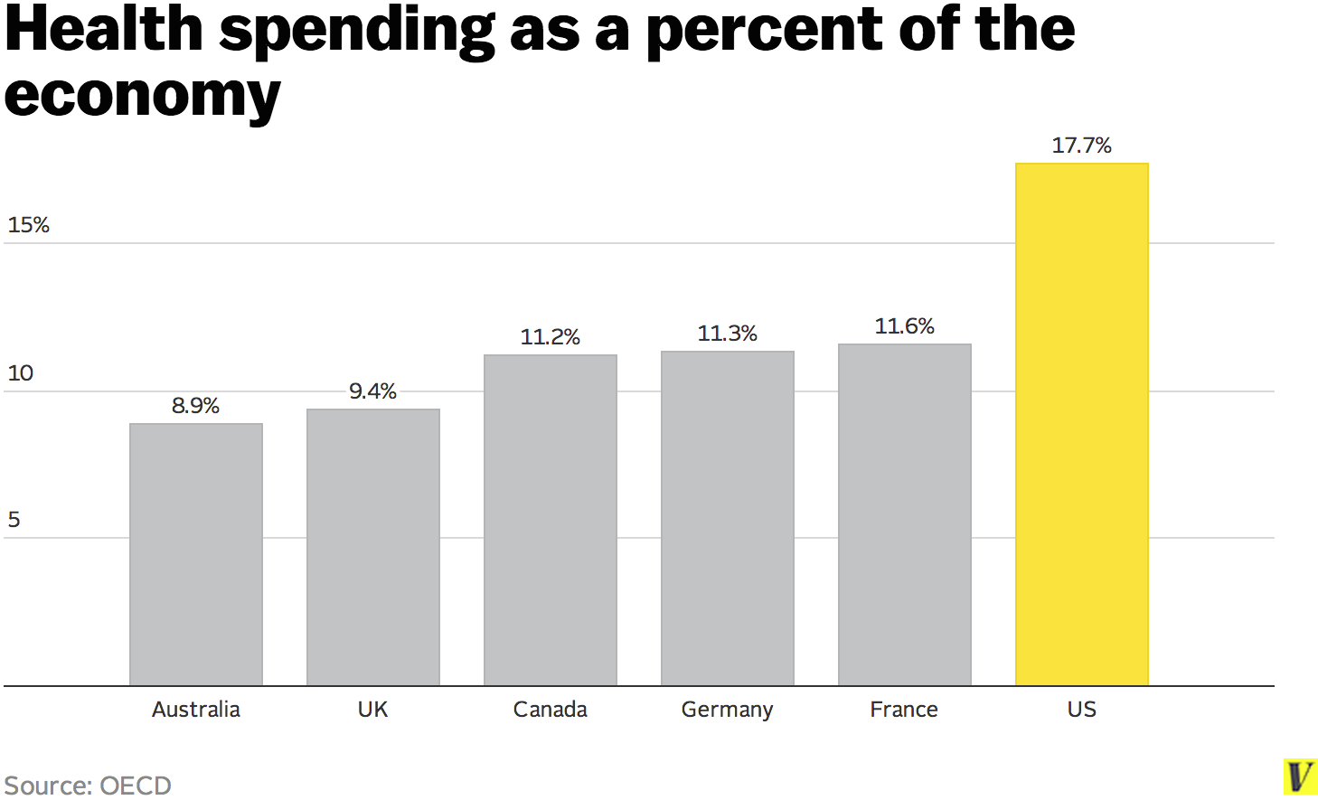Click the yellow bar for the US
(x=1081, y=424)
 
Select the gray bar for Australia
(x=196, y=554)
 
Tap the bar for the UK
(x=372, y=547)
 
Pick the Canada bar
(x=550, y=520)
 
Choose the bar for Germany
(x=727, y=518)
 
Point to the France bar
(x=904, y=514)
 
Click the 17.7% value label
(x=1081, y=146)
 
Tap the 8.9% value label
(x=196, y=406)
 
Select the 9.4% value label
(x=372, y=391)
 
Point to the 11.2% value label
(x=550, y=337)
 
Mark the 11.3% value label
(x=727, y=334)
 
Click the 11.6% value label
(x=904, y=326)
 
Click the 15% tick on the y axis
(x=28, y=225)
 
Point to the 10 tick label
(x=20, y=373)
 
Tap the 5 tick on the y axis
(x=14, y=520)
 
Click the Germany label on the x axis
(x=727, y=711)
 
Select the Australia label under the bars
(x=196, y=710)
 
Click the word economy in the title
(x=143, y=96)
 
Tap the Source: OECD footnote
(x=88, y=785)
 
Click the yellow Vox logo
(x=1300, y=777)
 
